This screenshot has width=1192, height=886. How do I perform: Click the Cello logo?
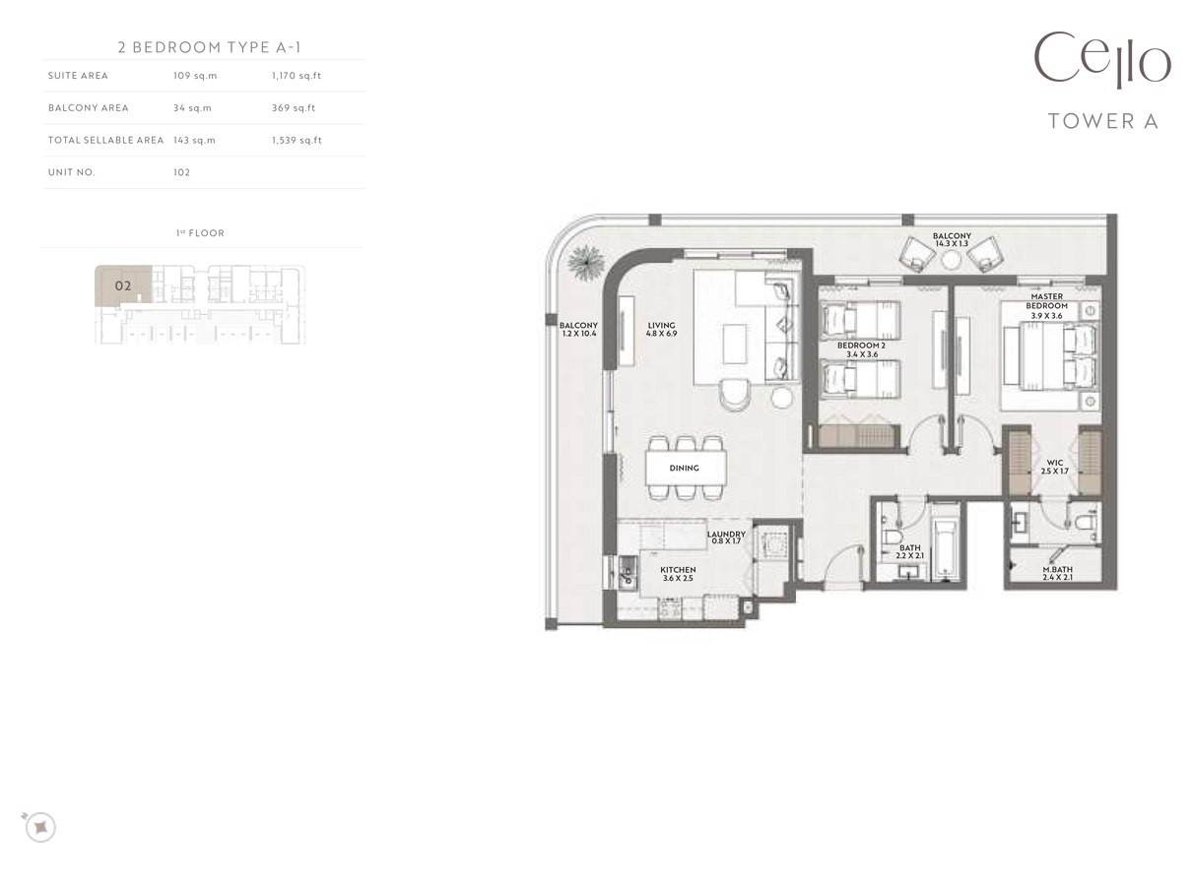(1101, 61)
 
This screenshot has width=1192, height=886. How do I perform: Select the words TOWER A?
(1102, 121)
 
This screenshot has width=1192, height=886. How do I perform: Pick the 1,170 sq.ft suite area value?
(297, 76)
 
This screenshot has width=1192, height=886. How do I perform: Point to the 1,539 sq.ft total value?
(297, 140)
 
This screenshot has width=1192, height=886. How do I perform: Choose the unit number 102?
(181, 172)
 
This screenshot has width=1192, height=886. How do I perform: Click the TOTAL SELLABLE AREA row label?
(105, 140)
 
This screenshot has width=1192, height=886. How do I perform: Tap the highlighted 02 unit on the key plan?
(123, 285)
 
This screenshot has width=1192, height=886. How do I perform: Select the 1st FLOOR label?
(200, 233)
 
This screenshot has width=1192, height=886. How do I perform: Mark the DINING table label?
(685, 468)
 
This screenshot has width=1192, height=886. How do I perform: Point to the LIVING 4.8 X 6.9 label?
(661, 330)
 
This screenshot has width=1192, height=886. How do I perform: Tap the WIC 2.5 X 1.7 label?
(1054, 467)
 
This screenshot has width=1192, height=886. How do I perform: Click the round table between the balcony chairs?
(951, 260)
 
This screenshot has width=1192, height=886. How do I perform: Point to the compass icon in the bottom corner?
(39, 827)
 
